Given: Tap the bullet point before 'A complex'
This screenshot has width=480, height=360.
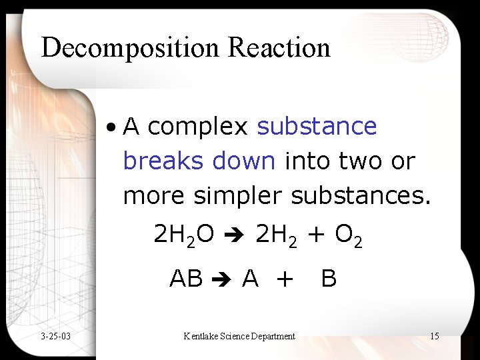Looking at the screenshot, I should pyautogui.click(x=115, y=126).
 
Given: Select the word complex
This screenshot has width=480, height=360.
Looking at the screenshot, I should pyautogui.click(x=198, y=127).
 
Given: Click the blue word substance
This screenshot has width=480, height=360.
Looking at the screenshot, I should pyautogui.click(x=317, y=126).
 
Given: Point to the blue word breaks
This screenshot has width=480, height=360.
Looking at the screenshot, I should pyautogui.click(x=163, y=161).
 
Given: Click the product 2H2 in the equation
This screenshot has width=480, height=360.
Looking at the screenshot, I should pyautogui.click(x=275, y=235).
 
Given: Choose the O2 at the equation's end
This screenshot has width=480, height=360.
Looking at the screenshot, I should pyautogui.click(x=348, y=235).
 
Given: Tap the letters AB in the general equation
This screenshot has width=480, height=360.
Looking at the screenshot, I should pyautogui.click(x=186, y=277).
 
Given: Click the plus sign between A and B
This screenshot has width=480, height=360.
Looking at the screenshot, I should pyautogui.click(x=284, y=278).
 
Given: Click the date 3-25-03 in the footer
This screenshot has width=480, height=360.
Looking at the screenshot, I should pyautogui.click(x=55, y=336).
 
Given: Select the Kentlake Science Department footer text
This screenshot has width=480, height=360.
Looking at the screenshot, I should pyautogui.click(x=239, y=336).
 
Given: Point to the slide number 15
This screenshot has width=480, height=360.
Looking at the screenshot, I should pyautogui.click(x=434, y=336).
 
